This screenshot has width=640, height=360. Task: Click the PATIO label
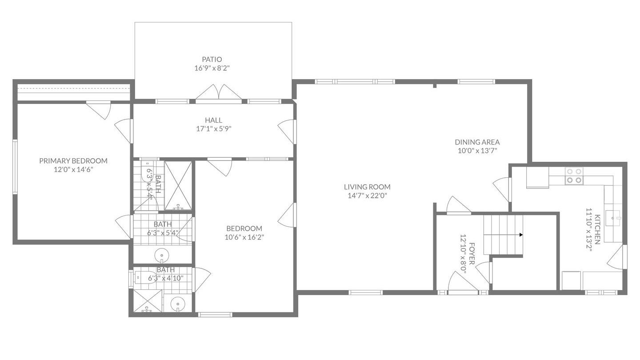pos(212,60)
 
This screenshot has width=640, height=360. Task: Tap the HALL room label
pos(213,120)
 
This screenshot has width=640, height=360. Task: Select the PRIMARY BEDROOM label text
pos(73,161)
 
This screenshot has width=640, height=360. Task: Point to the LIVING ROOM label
pos(367,187)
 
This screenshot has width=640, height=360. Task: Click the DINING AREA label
pos(477,142)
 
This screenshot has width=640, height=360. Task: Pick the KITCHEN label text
pos(597,229)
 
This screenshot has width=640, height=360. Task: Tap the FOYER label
pos(472,254)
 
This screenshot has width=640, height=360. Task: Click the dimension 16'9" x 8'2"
pos(212,68)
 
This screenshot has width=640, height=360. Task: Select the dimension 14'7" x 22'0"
pos(367,196)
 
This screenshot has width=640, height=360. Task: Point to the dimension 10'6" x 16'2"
pos(244,237)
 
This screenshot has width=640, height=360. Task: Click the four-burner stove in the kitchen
pos(574,176)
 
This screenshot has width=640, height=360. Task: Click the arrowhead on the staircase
pos(521,235)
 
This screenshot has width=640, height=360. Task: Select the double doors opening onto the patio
pos(219,93)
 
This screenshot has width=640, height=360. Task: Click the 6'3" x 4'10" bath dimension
pos(166,278)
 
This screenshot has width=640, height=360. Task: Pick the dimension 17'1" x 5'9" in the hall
pos(213,129)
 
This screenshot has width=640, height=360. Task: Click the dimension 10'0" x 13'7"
pos(477,151)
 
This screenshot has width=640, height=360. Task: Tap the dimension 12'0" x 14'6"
pos(73,170)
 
